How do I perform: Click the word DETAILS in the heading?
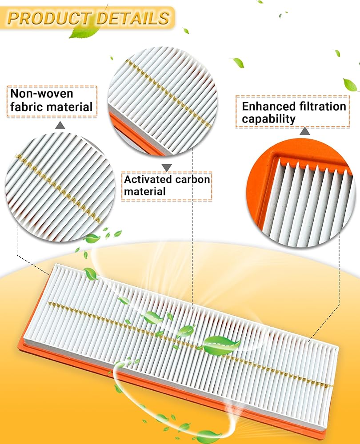point(133,18)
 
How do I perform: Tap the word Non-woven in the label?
point(42,93)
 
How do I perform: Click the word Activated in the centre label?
point(148,179)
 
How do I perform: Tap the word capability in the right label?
point(268,119)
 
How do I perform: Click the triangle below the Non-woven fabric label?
point(60,126)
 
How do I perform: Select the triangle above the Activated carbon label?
point(167,168)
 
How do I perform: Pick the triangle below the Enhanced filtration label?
point(305,131)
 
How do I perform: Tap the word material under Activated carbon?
point(144,191)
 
